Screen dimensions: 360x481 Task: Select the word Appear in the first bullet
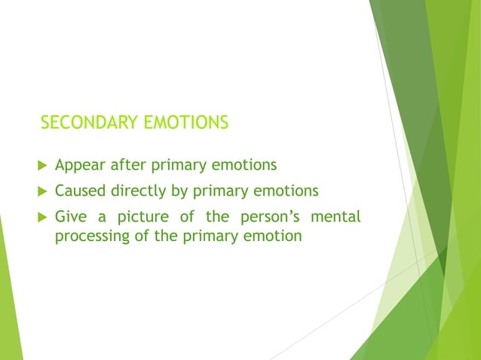[x=79, y=164]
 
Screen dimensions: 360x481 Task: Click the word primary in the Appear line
[x=176, y=165]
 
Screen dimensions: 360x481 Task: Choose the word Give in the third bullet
[x=71, y=217]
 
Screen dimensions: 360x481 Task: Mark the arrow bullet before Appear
[x=41, y=165]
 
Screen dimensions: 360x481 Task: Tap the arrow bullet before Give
[x=41, y=218]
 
